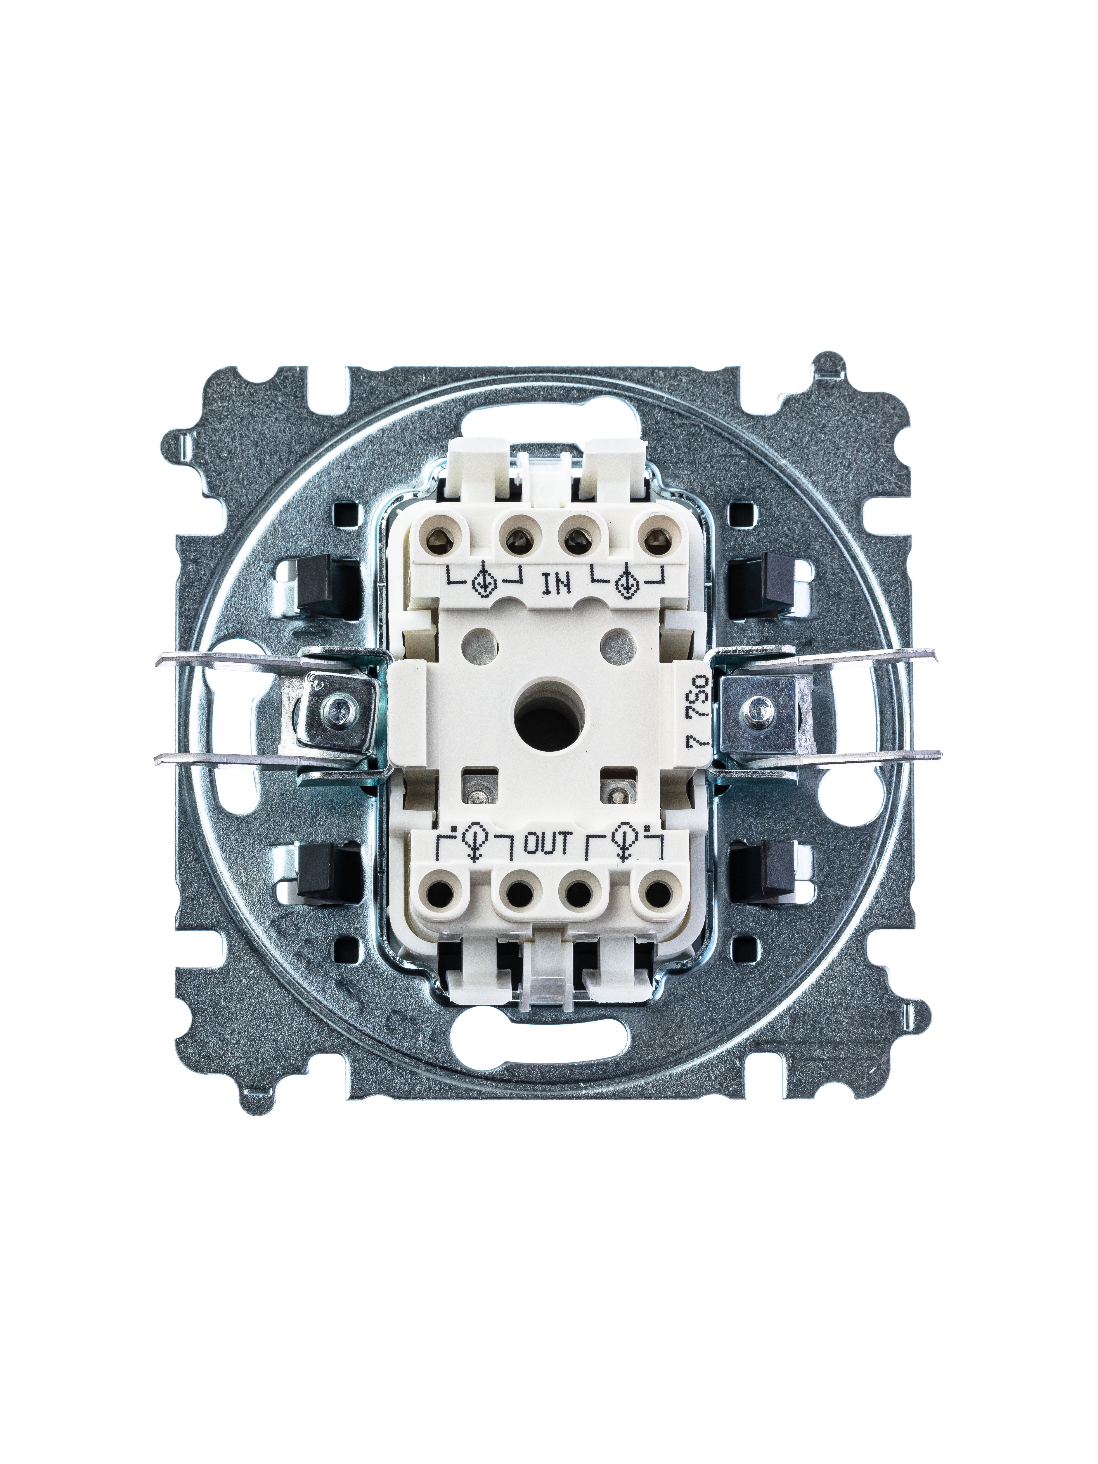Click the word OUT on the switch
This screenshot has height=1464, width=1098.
(547, 843)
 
